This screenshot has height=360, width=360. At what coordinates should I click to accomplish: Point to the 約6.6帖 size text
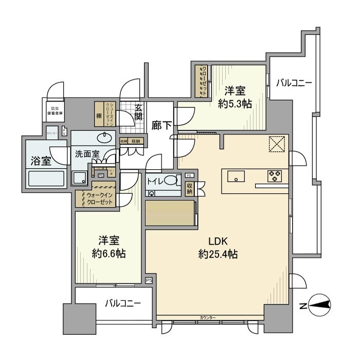click(109, 254)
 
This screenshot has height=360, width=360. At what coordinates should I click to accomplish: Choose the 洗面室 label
click(87, 153)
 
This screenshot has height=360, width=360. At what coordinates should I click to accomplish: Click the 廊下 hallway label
click(161, 125)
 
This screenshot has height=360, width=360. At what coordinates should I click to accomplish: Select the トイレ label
click(156, 181)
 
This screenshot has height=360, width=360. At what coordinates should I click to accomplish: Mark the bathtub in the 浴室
click(46, 179)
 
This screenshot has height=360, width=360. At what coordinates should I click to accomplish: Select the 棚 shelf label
click(98, 116)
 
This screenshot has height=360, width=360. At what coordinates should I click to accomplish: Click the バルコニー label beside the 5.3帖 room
click(293, 82)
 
